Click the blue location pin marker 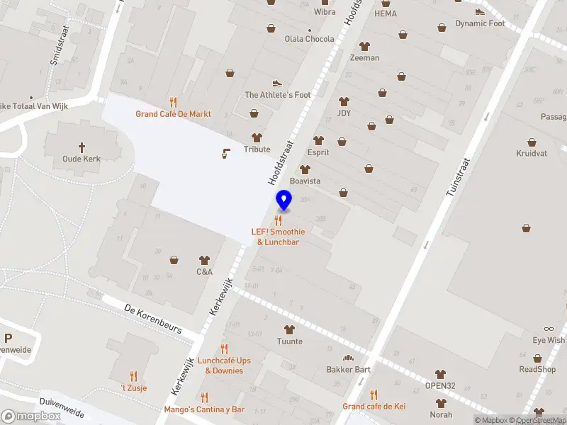tap(284, 201)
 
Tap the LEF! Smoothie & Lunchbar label tap(278, 237)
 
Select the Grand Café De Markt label tap(174, 113)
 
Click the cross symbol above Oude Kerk tap(82, 147)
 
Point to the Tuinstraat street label tap(459, 177)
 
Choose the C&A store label tap(205, 271)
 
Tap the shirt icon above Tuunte tap(289, 329)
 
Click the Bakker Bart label tap(348, 369)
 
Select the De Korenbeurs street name tap(152, 319)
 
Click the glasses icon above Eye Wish tap(549, 329)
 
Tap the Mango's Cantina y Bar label tap(204, 409)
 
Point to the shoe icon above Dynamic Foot tap(480, 11)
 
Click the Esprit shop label tap(318, 152)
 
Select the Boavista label tap(305, 181)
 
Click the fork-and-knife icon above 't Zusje tap(133, 376)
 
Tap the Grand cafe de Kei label tap(374, 406)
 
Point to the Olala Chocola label tap(309, 39)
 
